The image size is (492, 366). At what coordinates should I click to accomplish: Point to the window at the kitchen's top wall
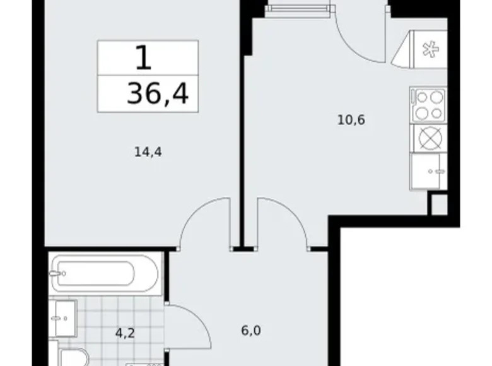point(298,7)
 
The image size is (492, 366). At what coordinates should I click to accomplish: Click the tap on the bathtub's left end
point(57,273)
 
